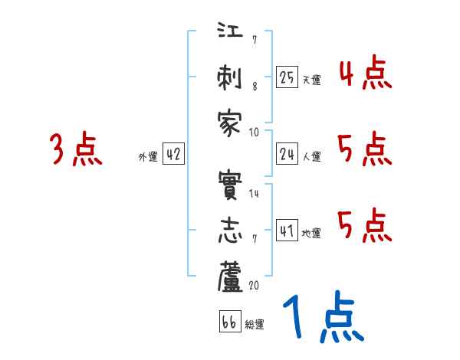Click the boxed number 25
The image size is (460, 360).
(287, 77)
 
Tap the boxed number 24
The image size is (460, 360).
(287, 154)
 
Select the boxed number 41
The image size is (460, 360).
(287, 231)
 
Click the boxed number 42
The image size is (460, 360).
(173, 154)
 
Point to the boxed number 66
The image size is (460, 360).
(229, 322)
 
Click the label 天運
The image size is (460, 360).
(311, 80)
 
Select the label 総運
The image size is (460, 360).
(255, 325)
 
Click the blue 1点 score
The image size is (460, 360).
(322, 318)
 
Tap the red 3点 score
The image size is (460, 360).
(75, 149)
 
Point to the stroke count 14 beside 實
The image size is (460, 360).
(254, 194)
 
